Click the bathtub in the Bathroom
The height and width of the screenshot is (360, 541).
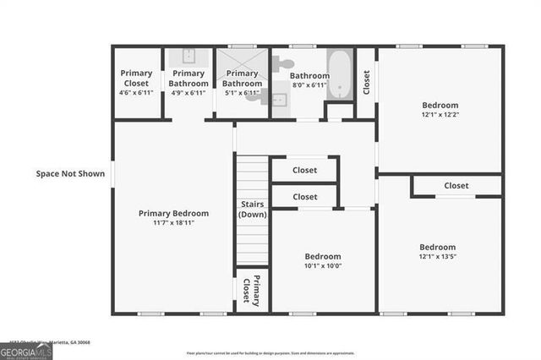click(340, 74)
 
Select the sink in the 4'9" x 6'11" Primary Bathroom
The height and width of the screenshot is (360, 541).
click(188, 57)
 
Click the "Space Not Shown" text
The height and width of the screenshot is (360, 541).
click(70, 174)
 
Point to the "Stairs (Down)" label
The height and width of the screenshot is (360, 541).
click(252, 210)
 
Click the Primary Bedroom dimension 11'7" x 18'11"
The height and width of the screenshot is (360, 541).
click(173, 223)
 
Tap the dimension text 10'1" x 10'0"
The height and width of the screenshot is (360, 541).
click(323, 265)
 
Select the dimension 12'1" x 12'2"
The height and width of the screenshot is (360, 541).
click(440, 115)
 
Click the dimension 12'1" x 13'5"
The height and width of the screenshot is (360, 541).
click(437, 257)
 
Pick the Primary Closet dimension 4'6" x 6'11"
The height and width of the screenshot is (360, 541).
click(135, 92)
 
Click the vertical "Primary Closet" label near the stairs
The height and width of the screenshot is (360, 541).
click(251, 291)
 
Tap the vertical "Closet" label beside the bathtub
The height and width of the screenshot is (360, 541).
click(366, 82)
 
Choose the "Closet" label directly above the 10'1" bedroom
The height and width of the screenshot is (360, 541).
click(304, 197)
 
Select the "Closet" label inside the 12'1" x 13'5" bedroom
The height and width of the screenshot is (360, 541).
click(456, 186)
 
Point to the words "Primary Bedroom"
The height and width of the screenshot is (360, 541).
click(173, 214)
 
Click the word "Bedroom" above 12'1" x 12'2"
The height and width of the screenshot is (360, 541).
click(440, 106)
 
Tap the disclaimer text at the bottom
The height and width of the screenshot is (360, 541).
click(270, 353)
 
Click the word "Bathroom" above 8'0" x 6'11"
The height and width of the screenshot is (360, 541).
click(309, 76)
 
